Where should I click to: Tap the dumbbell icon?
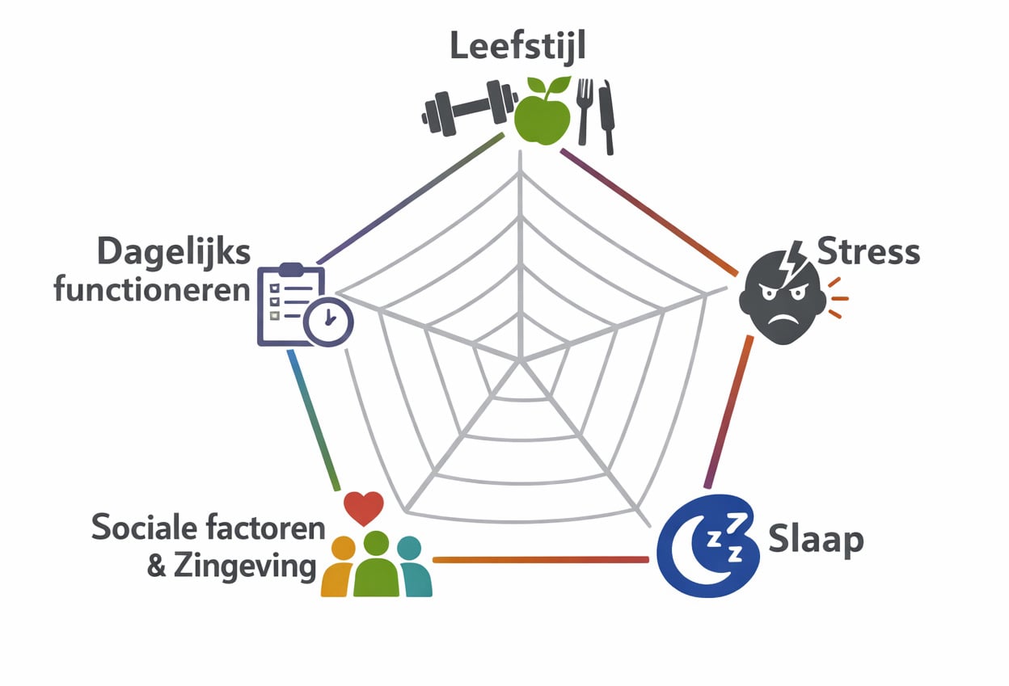pos(470,108)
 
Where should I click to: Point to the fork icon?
pos(584,112)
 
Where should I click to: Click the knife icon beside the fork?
pos(607,118)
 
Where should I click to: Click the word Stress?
pos(868,251)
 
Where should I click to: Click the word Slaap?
pos(816,541)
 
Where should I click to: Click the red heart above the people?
pos(364,508)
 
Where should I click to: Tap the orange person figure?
pos(338,566)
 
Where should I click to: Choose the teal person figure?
pos(413,566)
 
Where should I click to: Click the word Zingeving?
pos(245,566)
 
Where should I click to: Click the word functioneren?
pos(152,290)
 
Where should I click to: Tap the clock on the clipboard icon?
pos(328,322)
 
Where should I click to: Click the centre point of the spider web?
pos(521,360)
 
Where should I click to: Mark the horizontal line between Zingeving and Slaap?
pos(541,560)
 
